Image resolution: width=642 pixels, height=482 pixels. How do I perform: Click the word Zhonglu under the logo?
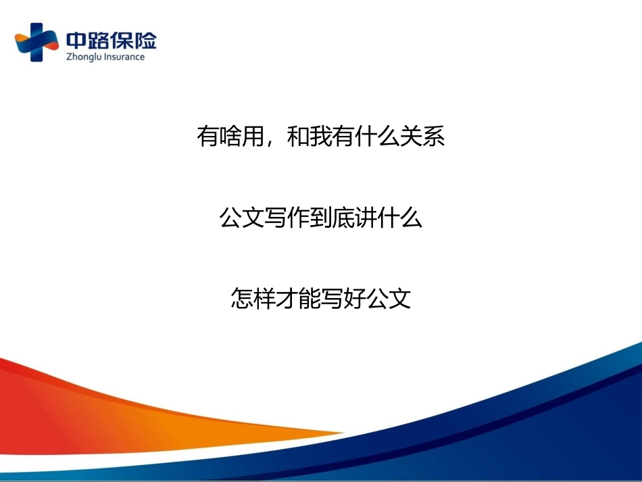[x=84, y=57]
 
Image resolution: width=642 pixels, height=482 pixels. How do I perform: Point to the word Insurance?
[x=124, y=57]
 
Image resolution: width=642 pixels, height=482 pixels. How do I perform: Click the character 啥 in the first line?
[x=230, y=137]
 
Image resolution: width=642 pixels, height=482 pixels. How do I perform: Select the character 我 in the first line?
[x=320, y=137]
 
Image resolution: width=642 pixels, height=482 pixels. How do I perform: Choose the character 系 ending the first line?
[x=433, y=137]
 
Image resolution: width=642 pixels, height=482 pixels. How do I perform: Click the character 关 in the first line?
[x=411, y=137]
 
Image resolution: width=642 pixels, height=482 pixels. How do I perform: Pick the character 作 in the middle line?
[x=298, y=217]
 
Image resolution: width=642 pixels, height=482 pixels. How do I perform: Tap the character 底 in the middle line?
[x=343, y=217]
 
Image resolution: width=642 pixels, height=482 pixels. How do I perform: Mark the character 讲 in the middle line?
[x=366, y=217]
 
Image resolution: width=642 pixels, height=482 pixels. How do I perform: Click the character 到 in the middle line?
[x=320, y=217]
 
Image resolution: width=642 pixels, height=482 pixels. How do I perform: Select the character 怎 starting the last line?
[x=242, y=297]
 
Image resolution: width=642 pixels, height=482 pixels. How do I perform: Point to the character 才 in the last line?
[x=287, y=297]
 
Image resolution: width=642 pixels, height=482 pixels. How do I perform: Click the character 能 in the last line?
[x=310, y=297]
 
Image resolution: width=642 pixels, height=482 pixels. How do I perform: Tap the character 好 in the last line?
[x=355, y=297]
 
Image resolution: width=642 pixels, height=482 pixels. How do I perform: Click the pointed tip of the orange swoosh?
[x=343, y=432]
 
